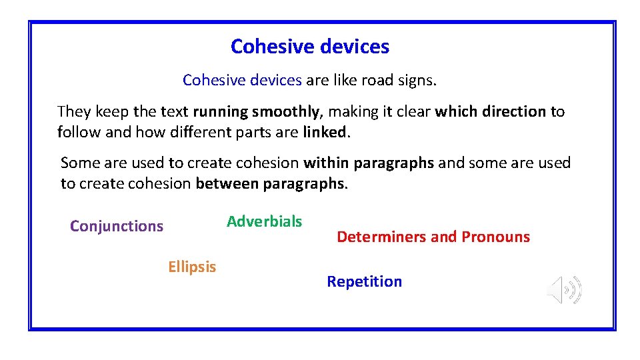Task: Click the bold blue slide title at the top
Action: (x=310, y=47)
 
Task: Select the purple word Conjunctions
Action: (x=117, y=226)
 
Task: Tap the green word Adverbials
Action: (x=264, y=221)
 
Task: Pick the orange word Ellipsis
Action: (x=192, y=267)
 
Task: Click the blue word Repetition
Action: (x=364, y=281)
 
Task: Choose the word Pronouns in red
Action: (x=495, y=237)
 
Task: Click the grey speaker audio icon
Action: (x=564, y=290)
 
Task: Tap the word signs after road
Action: (x=418, y=81)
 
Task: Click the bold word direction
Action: (x=513, y=111)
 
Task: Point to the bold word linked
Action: (x=325, y=132)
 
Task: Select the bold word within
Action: (x=327, y=163)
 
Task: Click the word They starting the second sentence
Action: (x=73, y=111)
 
